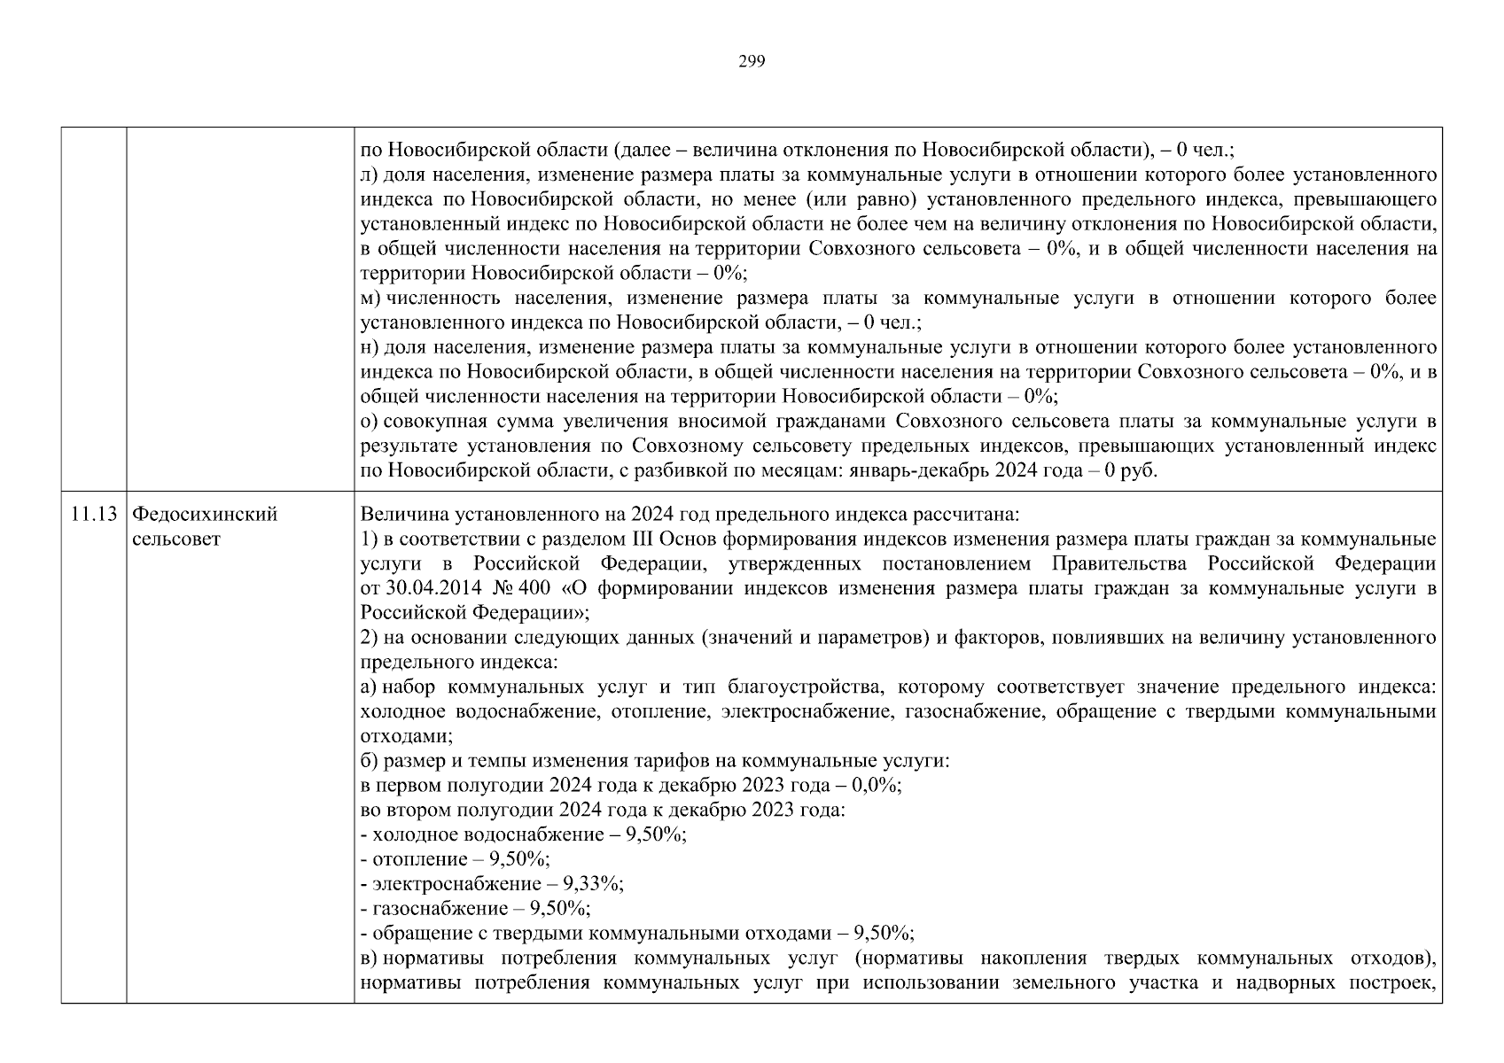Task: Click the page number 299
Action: (x=751, y=61)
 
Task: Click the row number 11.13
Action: (x=94, y=515)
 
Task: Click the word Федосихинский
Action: (x=205, y=515)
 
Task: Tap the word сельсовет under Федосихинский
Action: (x=175, y=539)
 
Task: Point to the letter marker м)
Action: (x=370, y=299)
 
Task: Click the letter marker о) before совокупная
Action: (x=370, y=422)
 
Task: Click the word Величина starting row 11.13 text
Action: (x=394, y=515)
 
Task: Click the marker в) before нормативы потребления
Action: (x=370, y=958)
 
